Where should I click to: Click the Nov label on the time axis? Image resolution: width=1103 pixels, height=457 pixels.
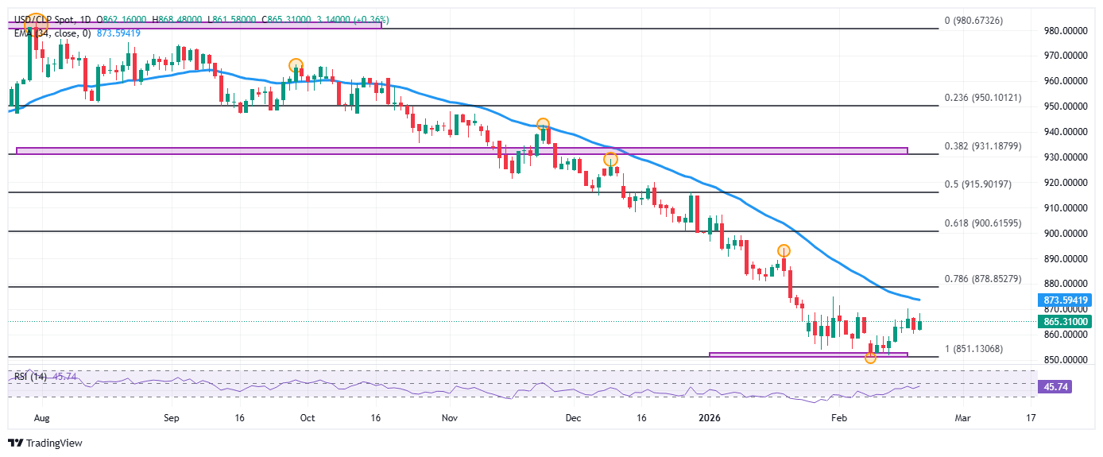tap(450, 417)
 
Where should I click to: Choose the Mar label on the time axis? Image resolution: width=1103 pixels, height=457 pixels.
tap(962, 417)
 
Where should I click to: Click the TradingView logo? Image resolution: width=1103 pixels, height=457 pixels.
tap(45, 443)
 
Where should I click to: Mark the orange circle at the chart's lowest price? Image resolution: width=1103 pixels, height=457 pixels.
tap(870, 358)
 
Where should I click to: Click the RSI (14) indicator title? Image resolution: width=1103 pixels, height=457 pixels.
tap(31, 376)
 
